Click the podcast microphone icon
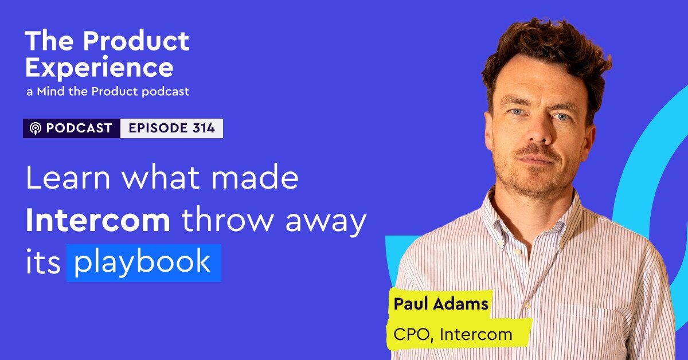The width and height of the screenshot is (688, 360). point(36,128)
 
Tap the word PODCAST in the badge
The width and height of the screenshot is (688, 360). point(79,128)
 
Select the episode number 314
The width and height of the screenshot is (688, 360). point(204,128)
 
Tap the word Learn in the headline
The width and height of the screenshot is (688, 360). point(68,177)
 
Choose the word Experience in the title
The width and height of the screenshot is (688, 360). point(100,68)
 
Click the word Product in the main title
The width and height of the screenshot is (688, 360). point(136,41)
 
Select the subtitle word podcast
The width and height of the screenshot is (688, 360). point(166,92)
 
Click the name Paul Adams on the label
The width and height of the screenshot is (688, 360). point(441,304)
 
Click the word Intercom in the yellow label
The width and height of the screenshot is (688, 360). point(476,334)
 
